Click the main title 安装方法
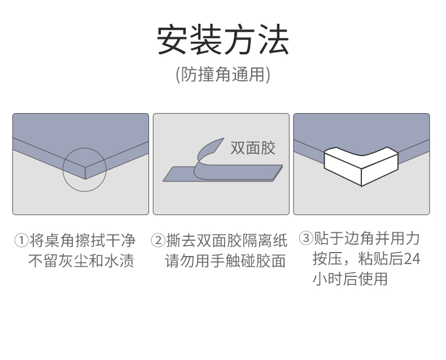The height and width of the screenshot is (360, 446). pyautogui.click(x=223, y=40)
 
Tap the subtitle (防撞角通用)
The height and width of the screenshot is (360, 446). pyautogui.click(x=223, y=75)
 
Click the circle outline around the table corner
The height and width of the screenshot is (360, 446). pyautogui.click(x=63, y=170)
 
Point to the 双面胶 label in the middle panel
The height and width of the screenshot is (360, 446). pyautogui.click(x=253, y=148)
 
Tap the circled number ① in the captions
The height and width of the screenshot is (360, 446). pyautogui.click(x=21, y=240)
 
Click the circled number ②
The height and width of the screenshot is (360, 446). pyautogui.click(x=158, y=240)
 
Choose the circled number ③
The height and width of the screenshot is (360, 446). pyautogui.click(x=306, y=238)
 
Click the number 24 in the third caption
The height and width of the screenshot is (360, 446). pyautogui.click(x=412, y=259)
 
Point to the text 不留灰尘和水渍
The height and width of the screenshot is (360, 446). pyautogui.click(x=81, y=261)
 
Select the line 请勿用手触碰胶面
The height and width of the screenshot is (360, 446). pyautogui.click(x=225, y=261)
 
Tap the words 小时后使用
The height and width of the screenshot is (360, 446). pyautogui.click(x=350, y=279)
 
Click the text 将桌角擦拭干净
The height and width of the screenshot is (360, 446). pyautogui.click(x=82, y=240)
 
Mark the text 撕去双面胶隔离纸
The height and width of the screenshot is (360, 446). pyautogui.click(x=227, y=240)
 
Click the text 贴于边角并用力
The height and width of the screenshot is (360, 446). pyautogui.click(x=366, y=238)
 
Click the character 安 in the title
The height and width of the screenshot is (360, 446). pyautogui.click(x=173, y=40)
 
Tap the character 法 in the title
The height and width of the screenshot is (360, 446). pyautogui.click(x=274, y=40)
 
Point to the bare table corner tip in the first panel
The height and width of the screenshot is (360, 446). pyautogui.click(x=85, y=179)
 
